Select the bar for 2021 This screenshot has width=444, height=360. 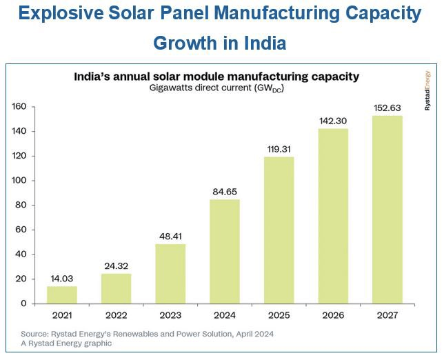(62, 294)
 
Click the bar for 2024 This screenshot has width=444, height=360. (224, 251)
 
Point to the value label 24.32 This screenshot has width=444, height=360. (116, 266)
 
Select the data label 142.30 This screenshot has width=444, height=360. (332, 120)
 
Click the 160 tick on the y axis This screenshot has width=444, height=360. (19, 107)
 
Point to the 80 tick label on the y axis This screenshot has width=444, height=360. (21, 205)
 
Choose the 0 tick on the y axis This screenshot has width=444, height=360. (23, 303)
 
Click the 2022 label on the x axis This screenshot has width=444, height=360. (116, 317)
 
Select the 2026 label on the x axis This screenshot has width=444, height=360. (332, 317)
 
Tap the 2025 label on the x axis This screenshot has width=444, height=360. (279, 317)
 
